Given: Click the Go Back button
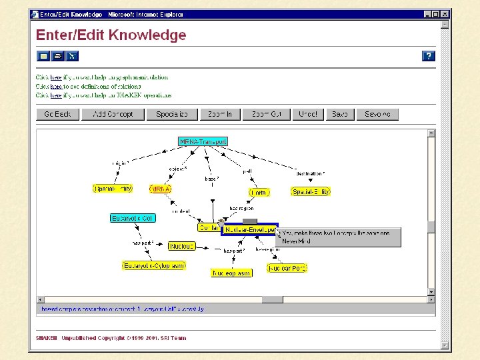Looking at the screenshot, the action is pos(57,114).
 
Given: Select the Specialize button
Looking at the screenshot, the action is pos(172,114).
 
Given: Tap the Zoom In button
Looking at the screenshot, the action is pos(219,114).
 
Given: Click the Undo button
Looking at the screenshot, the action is pos(307,114).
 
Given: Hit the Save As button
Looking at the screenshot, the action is pos(377,114).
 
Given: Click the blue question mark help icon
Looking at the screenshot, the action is pos(429,56).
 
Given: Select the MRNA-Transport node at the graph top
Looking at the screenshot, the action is pos(203,141).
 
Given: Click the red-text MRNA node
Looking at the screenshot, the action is pos(161,189).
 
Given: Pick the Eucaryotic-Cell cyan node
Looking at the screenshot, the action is pos(132,218).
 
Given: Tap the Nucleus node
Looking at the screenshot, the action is pos(181,246).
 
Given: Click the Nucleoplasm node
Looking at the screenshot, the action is pos(231,273).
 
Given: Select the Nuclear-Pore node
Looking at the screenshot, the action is pos(287,268).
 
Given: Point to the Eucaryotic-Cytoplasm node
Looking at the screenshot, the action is pos(154,265).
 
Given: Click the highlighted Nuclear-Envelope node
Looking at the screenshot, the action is pos(250,229).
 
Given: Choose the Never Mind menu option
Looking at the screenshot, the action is pos(296,241).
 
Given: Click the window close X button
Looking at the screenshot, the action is pos(445,14).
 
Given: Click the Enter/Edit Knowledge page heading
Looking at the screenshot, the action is pos(111,35).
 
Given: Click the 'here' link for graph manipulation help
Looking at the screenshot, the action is pos(56,77).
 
